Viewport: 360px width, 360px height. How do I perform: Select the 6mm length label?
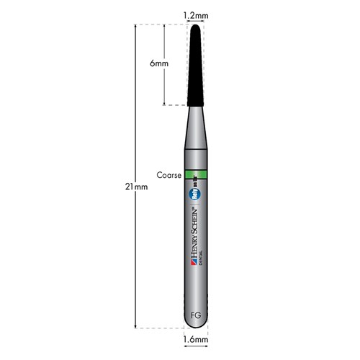(x=160, y=63)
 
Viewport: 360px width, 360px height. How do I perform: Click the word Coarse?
(x=168, y=174)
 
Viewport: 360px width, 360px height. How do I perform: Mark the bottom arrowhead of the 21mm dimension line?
(x=136, y=326)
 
